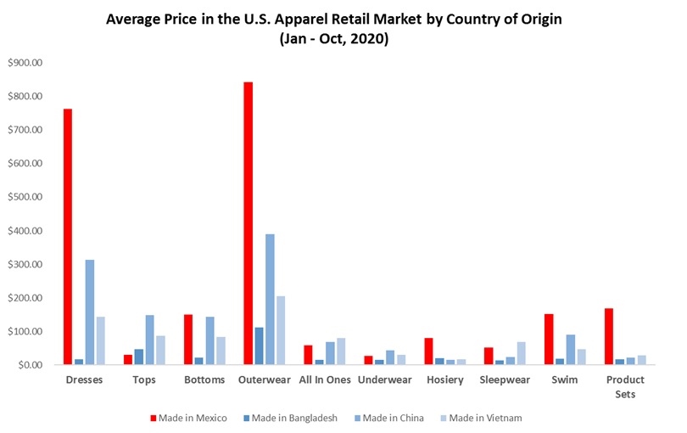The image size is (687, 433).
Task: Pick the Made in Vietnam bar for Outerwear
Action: click(x=281, y=330)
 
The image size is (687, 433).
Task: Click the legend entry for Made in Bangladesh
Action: click(x=290, y=418)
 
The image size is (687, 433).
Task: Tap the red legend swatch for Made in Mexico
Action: click(x=154, y=418)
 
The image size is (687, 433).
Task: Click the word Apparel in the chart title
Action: click(x=302, y=20)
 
